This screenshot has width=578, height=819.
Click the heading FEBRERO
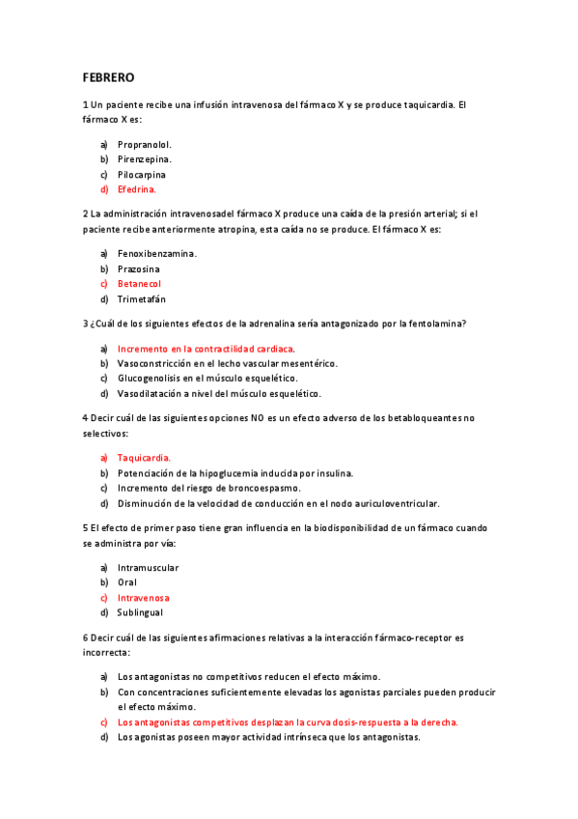click(x=108, y=76)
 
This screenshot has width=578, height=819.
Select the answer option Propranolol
click(x=145, y=144)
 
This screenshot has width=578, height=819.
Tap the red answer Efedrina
click(x=137, y=190)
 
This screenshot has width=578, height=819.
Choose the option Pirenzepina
click(x=145, y=159)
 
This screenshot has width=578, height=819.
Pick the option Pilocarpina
click(x=142, y=175)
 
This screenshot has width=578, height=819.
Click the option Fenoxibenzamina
click(x=157, y=253)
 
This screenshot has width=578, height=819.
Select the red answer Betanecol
click(x=139, y=284)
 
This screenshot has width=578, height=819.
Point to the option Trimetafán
click(x=142, y=299)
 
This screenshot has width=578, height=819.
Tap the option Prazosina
click(x=139, y=268)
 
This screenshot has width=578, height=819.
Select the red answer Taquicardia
click(x=144, y=457)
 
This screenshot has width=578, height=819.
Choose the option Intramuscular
click(x=148, y=568)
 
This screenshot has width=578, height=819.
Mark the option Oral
click(x=127, y=582)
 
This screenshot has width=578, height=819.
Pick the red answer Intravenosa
click(x=144, y=598)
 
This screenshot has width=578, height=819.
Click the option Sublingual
click(x=140, y=612)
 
